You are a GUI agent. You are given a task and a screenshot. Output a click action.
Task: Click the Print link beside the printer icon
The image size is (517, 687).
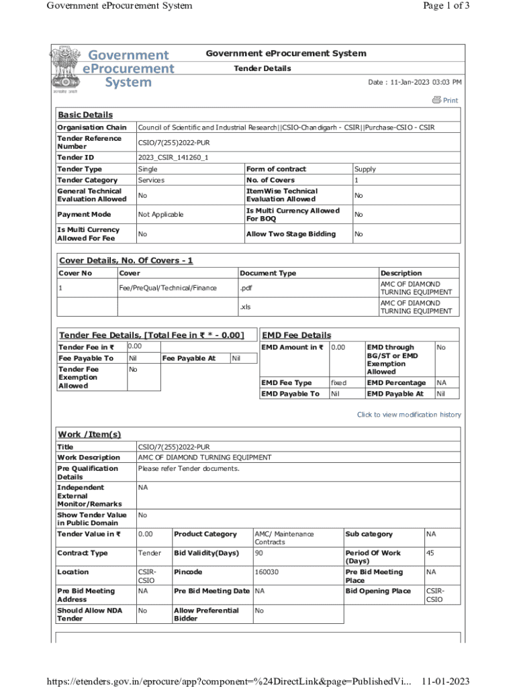pyautogui.click(x=451, y=101)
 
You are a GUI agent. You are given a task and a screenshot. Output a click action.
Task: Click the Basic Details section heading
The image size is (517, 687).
pyautogui.click(x=85, y=115)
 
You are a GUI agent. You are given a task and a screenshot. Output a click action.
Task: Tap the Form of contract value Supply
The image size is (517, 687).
pyautogui.click(x=365, y=169)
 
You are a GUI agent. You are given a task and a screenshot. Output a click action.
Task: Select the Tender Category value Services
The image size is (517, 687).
pyautogui.click(x=151, y=180)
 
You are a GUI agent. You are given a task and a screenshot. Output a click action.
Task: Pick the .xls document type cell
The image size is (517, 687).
pyautogui.click(x=245, y=307)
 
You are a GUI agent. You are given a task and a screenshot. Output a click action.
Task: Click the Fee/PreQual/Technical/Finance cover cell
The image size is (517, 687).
pyautogui.click(x=168, y=288)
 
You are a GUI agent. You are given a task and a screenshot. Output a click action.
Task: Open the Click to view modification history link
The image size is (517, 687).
pyautogui.click(x=409, y=415)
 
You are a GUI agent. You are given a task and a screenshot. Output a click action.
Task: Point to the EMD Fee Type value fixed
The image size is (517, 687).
pyautogui.click(x=338, y=382)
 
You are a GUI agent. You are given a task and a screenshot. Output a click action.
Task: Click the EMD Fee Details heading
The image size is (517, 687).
pyautogui.click(x=296, y=335)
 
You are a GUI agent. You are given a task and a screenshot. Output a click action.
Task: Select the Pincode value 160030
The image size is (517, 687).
pyautogui.click(x=267, y=572)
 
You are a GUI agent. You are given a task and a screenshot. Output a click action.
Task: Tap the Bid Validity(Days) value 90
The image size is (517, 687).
pyautogui.click(x=259, y=553)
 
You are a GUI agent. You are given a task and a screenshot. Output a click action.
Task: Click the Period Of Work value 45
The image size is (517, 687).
pyautogui.click(x=430, y=553)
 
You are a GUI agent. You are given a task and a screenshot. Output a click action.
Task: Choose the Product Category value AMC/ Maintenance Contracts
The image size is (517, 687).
pyautogui.click(x=284, y=537)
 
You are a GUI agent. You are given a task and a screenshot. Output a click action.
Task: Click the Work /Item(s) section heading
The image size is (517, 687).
pyautogui.click(x=89, y=434)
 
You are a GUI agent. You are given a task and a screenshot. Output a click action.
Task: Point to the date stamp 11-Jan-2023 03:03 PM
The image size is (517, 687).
pyautogui.click(x=415, y=82)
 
